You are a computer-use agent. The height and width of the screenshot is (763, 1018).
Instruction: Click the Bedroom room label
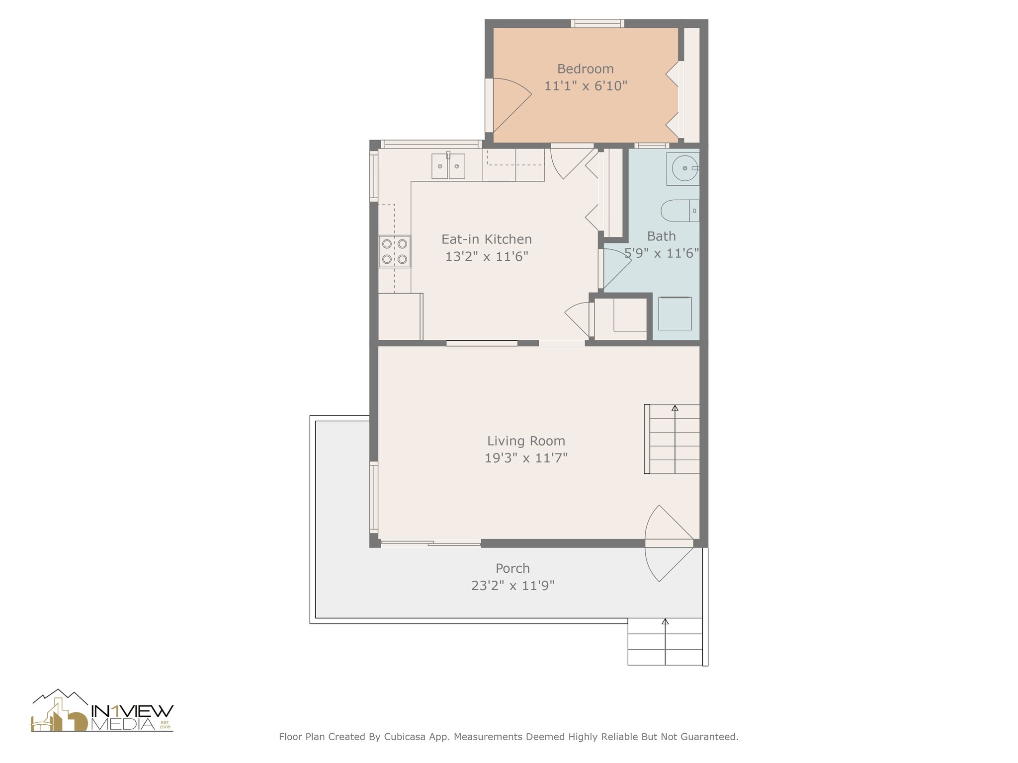585,69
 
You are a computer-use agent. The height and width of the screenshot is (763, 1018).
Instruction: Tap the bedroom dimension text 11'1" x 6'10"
586,86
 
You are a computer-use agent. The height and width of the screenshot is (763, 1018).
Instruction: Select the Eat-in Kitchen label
487,239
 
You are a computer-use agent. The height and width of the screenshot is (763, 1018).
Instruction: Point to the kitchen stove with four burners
395,251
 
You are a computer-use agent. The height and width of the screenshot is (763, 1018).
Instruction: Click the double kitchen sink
448,166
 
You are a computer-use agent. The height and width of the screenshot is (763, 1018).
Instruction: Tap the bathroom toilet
680,211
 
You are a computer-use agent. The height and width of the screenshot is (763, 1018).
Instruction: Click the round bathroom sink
683,169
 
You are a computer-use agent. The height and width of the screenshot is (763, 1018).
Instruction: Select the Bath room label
661,236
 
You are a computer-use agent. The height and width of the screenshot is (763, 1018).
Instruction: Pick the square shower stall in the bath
675,313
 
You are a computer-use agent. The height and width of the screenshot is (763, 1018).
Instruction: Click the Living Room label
526,441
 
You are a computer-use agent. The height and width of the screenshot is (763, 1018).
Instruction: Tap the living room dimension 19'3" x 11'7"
526,458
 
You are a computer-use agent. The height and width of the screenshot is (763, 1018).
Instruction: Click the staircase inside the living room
672,439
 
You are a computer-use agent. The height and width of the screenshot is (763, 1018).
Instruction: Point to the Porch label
512,568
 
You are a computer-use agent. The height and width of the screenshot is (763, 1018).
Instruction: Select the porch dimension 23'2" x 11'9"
512,586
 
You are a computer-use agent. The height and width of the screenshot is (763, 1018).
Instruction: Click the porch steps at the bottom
665,642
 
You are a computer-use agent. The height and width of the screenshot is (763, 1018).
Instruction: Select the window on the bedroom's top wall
597,23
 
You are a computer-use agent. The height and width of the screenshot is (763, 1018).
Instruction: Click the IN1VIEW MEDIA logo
102,711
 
